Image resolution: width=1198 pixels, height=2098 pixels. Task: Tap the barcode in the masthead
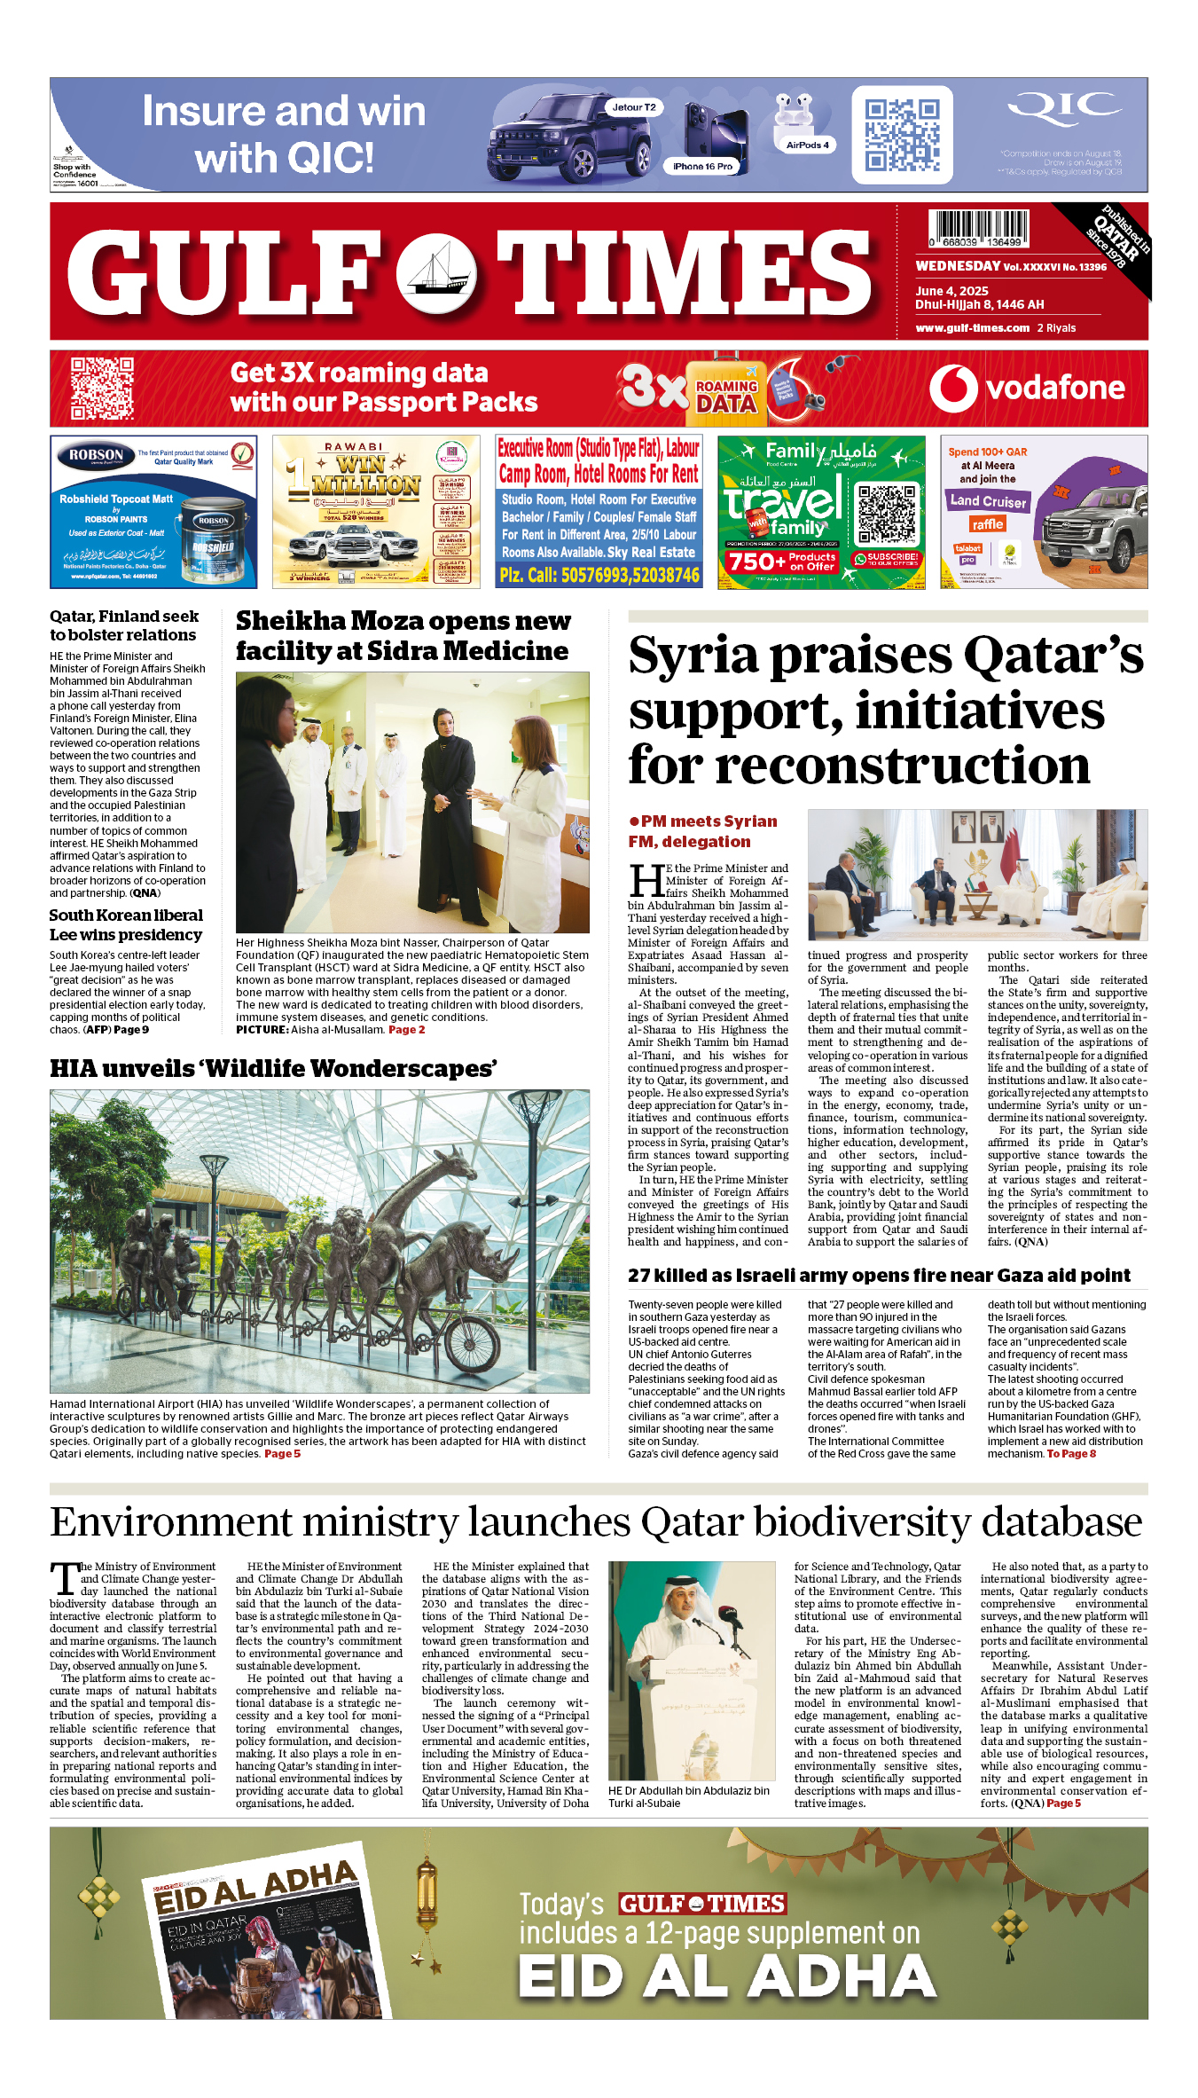click(x=978, y=228)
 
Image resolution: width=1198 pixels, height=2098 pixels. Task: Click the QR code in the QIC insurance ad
click(x=902, y=135)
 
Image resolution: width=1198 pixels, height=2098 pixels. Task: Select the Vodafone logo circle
click(x=953, y=389)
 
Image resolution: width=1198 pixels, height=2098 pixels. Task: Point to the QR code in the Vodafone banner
click(x=102, y=389)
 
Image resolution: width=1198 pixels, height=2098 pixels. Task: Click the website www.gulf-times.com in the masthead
click(x=972, y=328)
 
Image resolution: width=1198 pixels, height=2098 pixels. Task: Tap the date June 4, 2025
click(x=951, y=291)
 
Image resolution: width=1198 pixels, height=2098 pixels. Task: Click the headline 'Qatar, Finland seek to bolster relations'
click(x=123, y=625)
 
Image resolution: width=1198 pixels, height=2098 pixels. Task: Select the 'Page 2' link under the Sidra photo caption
click(x=406, y=1030)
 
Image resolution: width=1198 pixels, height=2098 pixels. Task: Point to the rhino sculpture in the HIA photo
click(x=479, y=1277)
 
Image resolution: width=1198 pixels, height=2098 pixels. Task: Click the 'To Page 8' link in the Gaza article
click(x=1071, y=1454)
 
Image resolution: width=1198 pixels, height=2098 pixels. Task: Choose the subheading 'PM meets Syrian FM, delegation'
click(x=702, y=831)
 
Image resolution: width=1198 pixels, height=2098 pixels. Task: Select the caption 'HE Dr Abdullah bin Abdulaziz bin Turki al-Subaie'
click(x=688, y=1796)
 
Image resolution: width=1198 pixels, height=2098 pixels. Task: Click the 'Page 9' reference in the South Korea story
click(x=131, y=1030)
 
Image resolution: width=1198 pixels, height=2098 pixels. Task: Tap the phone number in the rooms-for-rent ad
click(x=599, y=576)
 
